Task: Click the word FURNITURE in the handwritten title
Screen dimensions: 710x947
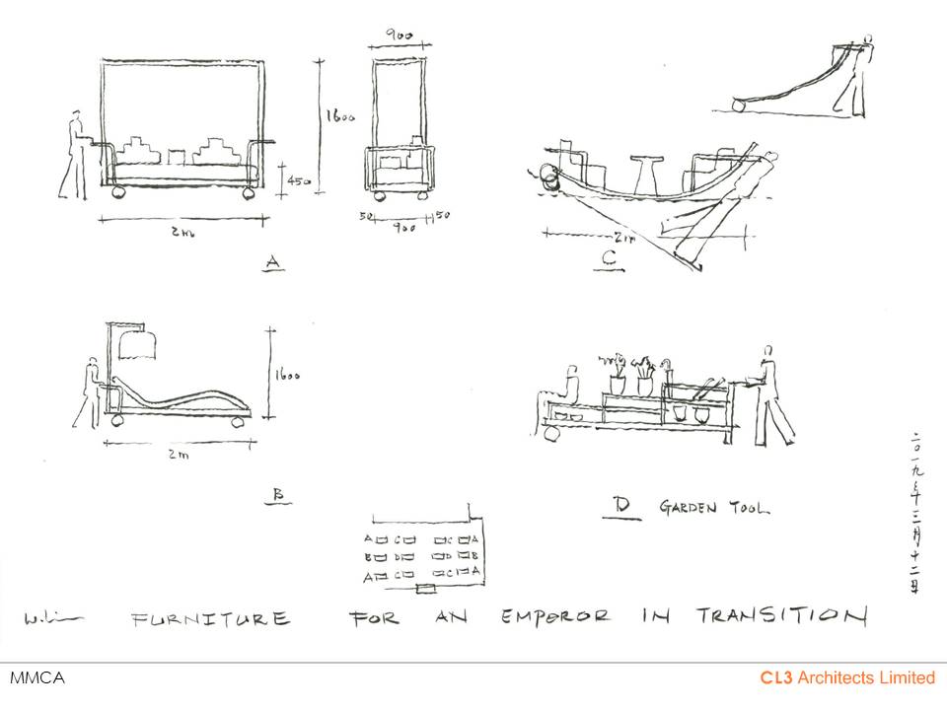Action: pos(211,619)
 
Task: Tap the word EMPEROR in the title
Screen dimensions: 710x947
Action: pos(555,618)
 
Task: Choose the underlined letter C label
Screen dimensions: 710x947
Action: pos(609,260)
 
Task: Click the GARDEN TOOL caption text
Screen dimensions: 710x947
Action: pos(715,509)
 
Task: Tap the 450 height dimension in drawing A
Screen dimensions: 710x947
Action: pos(294,180)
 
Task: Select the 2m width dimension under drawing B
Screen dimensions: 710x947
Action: pos(177,455)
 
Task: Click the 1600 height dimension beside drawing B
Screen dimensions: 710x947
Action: pos(286,375)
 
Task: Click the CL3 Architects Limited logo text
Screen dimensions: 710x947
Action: pos(846,677)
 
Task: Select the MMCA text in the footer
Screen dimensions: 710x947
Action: pos(36,678)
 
